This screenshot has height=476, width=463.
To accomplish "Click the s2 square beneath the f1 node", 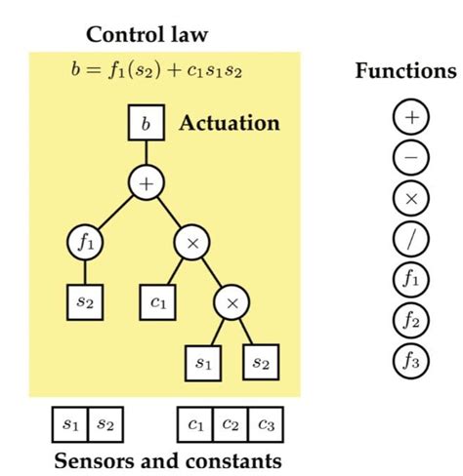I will [85, 301].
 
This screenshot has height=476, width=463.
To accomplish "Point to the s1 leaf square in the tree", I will [203, 363].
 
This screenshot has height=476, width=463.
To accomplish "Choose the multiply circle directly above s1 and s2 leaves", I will [232, 303].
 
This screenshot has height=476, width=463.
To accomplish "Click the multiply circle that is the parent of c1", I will [191, 242].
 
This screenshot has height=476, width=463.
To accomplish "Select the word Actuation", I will [229, 124].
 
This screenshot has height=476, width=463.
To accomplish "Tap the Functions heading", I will [405, 71].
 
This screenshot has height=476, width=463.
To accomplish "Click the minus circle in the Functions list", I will [410, 157].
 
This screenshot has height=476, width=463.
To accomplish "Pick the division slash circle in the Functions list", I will [410, 237].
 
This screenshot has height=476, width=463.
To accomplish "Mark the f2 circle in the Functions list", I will [410, 318].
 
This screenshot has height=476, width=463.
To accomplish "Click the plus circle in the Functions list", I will [410, 117].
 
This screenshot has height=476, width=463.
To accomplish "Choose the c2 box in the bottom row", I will [230, 424].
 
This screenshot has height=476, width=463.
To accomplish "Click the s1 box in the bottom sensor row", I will [70, 424].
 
